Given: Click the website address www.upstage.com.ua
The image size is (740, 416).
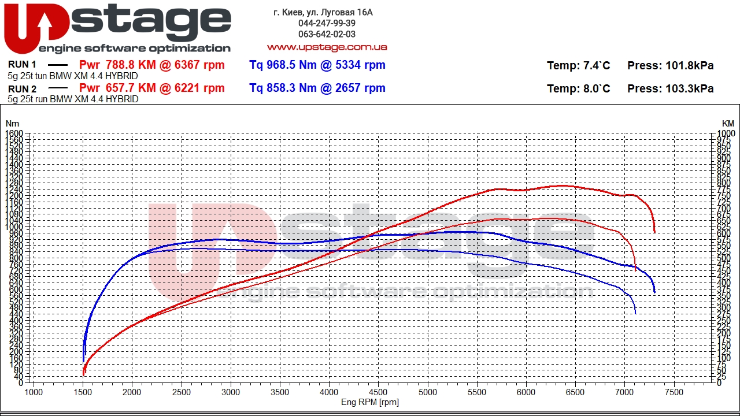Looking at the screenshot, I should [x=327, y=47].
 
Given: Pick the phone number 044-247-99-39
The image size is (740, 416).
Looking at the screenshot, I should [x=327, y=23].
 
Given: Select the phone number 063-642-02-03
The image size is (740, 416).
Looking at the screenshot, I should [x=327, y=34].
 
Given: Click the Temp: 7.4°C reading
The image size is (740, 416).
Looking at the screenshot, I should [x=578, y=66].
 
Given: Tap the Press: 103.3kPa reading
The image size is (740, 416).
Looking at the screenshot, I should [x=670, y=89].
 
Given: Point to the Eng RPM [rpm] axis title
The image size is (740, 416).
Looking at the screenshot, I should [x=370, y=402].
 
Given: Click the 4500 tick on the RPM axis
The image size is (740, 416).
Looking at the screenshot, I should [x=379, y=392].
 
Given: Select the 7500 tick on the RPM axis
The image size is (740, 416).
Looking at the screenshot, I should [x=674, y=392].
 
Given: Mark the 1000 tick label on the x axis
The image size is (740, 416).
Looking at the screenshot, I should [x=34, y=392].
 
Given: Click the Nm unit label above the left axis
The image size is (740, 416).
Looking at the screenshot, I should [x=12, y=124].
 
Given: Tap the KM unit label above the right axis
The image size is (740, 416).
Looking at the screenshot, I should [x=727, y=124].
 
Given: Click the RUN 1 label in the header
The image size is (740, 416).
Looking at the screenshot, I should [x=23, y=65].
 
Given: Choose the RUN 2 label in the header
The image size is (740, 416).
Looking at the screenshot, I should [x=23, y=89].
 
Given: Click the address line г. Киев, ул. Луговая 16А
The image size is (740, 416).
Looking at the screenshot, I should [x=323, y=12].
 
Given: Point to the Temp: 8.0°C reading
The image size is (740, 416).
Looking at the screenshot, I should [x=578, y=89].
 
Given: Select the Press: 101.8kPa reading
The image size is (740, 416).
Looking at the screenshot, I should [x=670, y=66].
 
